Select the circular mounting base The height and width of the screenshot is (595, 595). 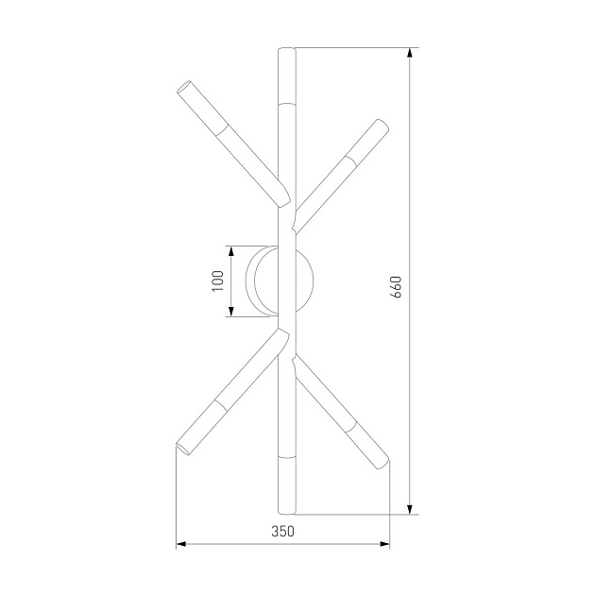[281, 280]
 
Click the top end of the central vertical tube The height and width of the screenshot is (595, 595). [286, 50]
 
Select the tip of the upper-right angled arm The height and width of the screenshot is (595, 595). [381, 124]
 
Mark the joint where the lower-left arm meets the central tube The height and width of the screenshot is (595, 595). [279, 335]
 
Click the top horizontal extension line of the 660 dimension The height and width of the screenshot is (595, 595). [349, 48]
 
